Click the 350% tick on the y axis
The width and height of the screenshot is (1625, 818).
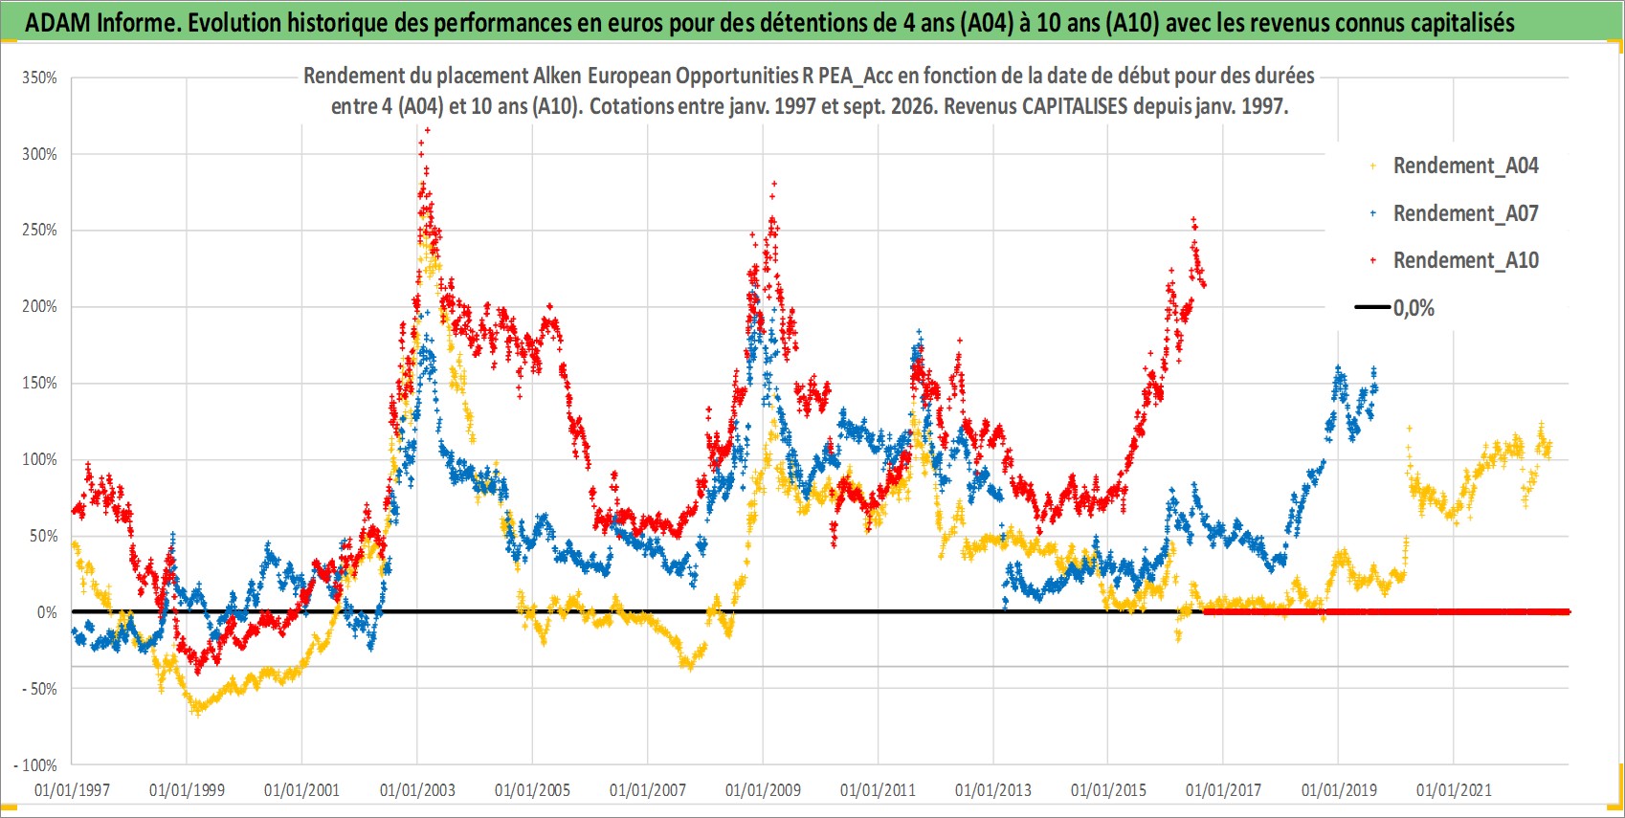[x=39, y=77]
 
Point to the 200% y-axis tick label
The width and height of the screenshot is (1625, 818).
[x=39, y=307]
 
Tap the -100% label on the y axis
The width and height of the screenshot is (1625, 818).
[x=35, y=765]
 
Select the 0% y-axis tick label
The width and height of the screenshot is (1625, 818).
[x=47, y=612]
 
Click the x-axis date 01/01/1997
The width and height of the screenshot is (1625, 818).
[x=72, y=789]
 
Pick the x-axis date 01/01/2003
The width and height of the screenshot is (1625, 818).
[x=417, y=789]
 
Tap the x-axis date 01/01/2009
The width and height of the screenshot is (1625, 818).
[x=763, y=789]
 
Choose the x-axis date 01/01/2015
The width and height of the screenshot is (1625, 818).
[x=1108, y=789]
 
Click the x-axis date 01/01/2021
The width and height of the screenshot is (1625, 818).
[x=1454, y=789]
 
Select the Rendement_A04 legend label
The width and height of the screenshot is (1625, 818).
[x=1465, y=166]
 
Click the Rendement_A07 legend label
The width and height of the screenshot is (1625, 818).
[x=1465, y=213]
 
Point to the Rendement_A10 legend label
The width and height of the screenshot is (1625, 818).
[x=1465, y=260]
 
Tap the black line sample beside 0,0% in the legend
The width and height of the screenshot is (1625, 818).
[x=1372, y=307]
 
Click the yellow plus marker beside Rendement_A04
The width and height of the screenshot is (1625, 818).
[x=1372, y=166]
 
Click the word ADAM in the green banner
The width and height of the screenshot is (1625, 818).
[x=57, y=23]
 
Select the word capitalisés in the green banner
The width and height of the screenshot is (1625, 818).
[x=1462, y=23]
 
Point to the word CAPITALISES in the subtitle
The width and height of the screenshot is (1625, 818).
[x=1075, y=106]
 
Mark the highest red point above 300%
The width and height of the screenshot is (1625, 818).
[x=427, y=130]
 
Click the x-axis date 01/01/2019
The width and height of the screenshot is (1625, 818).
[x=1339, y=789]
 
